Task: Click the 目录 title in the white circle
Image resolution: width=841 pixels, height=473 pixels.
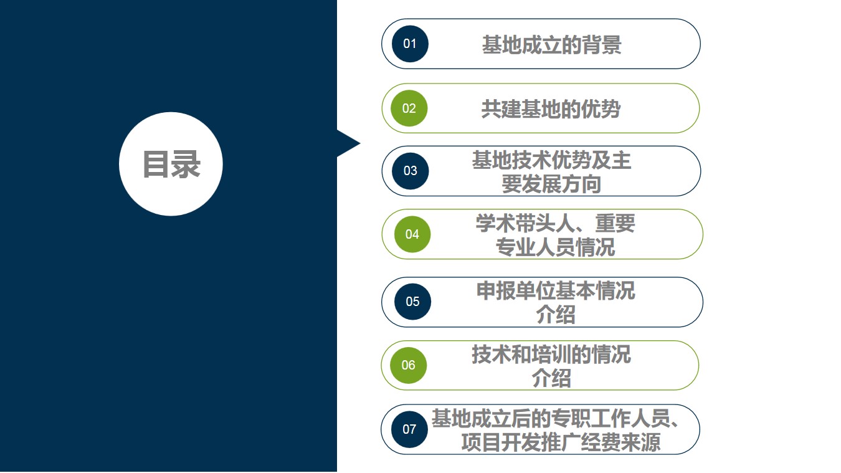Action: [x=171, y=164]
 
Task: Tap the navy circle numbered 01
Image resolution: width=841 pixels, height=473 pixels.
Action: [x=410, y=44]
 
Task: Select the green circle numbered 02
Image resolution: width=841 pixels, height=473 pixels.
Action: [x=409, y=108]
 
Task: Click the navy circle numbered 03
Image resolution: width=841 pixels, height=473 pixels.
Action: [x=411, y=171]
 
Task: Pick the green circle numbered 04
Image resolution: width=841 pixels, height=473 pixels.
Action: [x=412, y=234]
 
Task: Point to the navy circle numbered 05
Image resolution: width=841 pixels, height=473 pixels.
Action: [x=412, y=301]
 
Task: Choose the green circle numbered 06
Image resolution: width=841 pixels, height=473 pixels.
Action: [x=409, y=365]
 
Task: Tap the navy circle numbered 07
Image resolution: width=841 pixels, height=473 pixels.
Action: [x=409, y=429]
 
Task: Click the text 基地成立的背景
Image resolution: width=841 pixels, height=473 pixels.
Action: [x=551, y=45]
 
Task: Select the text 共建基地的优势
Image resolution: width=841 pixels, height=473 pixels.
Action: [x=551, y=109]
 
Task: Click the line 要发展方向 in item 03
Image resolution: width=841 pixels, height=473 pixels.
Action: [x=551, y=184]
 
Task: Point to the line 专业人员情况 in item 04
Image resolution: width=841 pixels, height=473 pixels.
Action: [x=555, y=247]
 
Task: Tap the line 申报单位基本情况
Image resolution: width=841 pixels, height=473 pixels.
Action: [x=556, y=290]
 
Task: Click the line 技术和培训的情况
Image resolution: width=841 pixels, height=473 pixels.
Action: [x=551, y=354]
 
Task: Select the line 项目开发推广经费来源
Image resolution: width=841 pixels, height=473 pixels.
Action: [x=561, y=442]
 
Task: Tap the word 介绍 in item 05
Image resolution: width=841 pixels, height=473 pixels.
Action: [x=556, y=314]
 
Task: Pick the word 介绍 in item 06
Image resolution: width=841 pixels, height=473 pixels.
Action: [x=551, y=378]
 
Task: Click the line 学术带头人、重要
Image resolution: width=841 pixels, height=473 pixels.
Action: [x=555, y=223]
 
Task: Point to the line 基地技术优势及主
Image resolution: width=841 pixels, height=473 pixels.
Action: [x=551, y=160]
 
